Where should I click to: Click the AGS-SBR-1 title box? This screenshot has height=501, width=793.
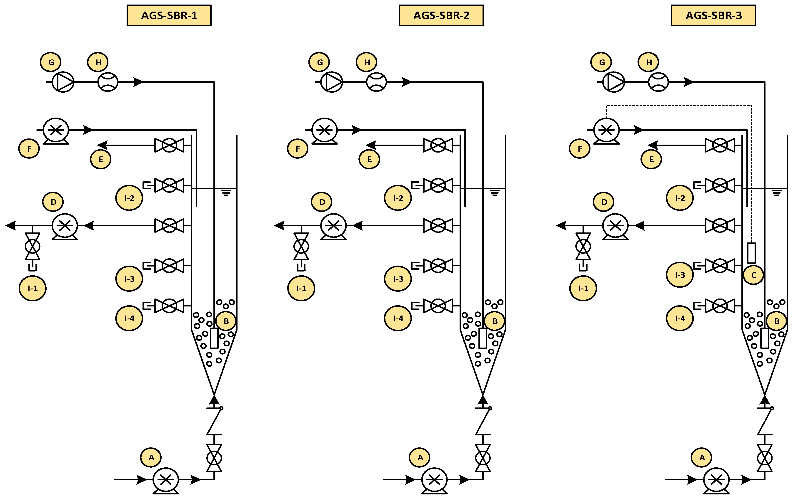(169, 15)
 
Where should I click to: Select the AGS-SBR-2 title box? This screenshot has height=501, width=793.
(441, 15)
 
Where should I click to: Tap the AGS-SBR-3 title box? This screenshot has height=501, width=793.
(713, 15)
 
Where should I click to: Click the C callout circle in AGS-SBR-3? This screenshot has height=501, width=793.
(753, 275)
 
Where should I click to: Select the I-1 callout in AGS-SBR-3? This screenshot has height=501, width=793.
(583, 289)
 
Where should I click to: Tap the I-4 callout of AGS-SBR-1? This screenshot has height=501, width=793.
(129, 318)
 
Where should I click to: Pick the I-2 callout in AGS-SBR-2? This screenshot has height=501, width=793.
(398, 198)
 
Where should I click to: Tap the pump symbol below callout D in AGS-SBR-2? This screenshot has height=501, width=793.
(333, 226)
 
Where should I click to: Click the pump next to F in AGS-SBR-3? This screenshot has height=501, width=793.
(606, 130)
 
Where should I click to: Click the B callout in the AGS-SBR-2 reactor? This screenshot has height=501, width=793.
(495, 321)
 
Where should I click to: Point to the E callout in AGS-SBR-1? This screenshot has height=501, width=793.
(100, 159)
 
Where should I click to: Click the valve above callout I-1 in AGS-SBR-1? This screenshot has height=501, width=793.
(33, 246)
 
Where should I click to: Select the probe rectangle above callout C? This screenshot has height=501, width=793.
(751, 253)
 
